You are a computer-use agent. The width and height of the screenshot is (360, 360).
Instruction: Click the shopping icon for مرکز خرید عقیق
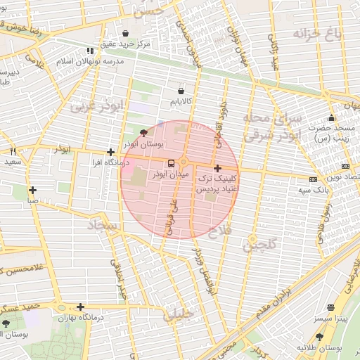tap(125, 33)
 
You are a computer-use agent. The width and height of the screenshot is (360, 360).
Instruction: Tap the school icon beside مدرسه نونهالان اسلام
tap(89, 51)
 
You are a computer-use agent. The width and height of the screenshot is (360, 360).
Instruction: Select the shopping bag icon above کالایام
tap(181, 90)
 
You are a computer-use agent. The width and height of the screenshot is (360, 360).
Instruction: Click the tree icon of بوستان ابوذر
tap(144, 131)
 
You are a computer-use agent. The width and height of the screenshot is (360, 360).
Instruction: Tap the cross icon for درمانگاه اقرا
tap(110, 152)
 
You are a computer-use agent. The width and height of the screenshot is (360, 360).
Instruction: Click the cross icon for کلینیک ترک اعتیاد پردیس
tap(217, 168)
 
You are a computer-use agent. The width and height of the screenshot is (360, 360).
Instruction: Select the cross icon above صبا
tap(32, 190)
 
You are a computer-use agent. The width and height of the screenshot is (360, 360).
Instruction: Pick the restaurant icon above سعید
tap(13, 151)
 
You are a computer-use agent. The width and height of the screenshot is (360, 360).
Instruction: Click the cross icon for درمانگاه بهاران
tap(82, 307)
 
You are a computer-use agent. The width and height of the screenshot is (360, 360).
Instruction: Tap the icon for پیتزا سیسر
tap(330, 307)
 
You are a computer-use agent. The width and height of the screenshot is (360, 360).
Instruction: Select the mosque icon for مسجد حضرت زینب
tap(331, 117)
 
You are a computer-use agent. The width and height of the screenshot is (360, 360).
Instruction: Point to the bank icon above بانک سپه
tap(312, 179)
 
